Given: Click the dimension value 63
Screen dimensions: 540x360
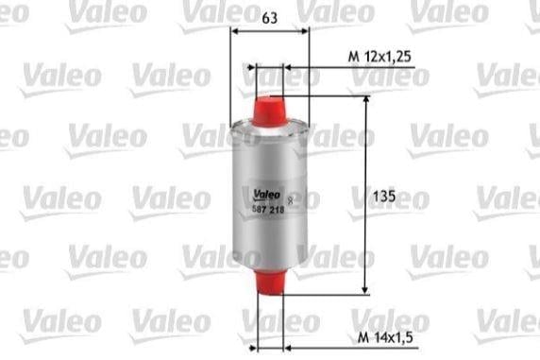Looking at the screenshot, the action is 269,18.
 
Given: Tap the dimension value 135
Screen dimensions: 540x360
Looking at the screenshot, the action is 384,197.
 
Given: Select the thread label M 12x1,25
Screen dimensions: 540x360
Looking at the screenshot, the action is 380,56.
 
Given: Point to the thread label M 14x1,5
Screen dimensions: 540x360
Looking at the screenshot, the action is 385,337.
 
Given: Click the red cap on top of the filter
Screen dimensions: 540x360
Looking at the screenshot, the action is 269,111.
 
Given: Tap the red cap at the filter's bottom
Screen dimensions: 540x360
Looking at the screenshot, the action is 270,283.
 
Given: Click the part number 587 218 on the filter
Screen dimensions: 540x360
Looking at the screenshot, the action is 268,209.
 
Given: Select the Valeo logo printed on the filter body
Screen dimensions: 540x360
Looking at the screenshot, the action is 267,195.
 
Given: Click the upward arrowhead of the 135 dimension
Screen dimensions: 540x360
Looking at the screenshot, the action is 366,99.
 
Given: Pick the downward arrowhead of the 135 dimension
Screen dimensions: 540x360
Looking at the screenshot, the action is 365,291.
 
